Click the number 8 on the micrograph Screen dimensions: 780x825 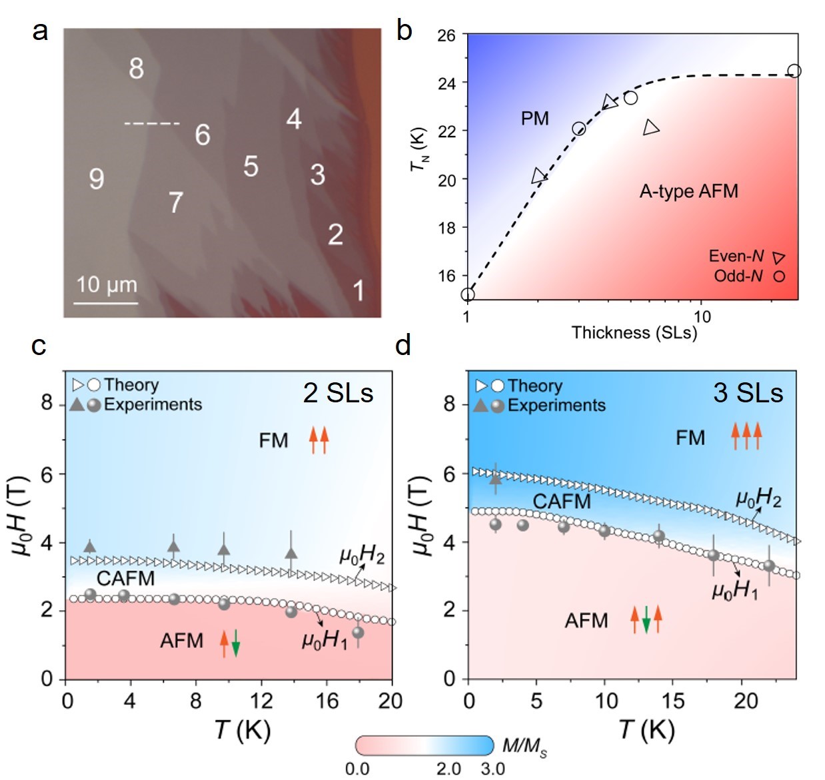coord(136,68)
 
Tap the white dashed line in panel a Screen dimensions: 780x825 coord(152,123)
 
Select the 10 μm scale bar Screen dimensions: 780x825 coord(106,303)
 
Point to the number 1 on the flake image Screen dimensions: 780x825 coord(359,290)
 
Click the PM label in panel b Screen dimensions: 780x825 coord(535,119)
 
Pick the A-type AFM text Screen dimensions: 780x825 coord(688,192)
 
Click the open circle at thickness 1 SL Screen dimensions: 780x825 coord(468,294)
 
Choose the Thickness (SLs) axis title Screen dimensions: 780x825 coord(634,332)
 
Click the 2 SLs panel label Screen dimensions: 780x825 coord(338,393)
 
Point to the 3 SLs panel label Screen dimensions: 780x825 coord(748,393)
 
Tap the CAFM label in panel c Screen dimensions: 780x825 coord(125,578)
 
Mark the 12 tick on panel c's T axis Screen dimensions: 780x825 coord(261,700)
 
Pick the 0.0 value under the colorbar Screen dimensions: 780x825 coord(357,769)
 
